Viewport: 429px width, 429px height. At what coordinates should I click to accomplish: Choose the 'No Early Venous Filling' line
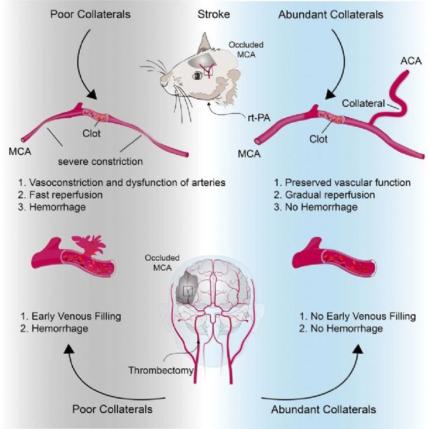(x=357, y=316)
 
